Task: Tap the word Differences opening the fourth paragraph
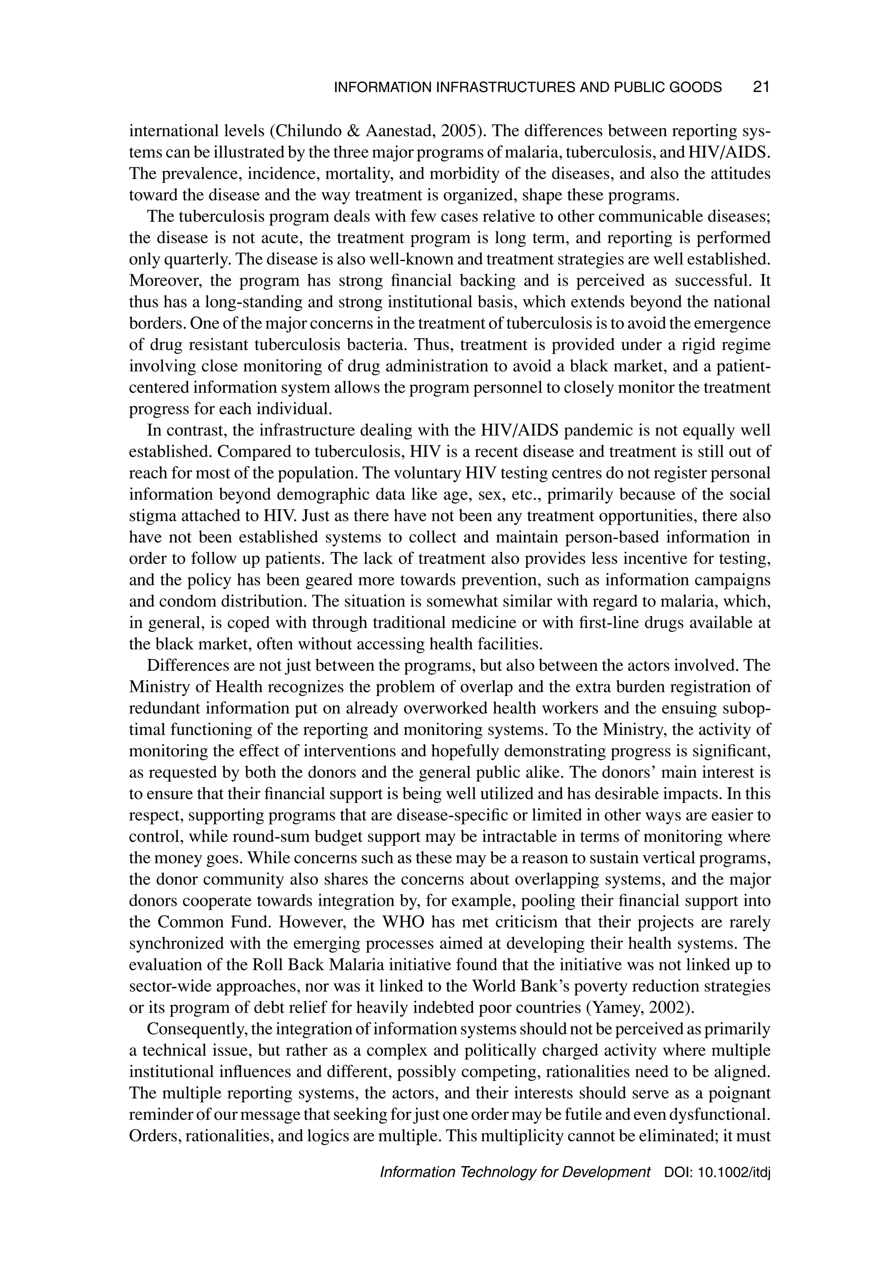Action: [182, 665]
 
